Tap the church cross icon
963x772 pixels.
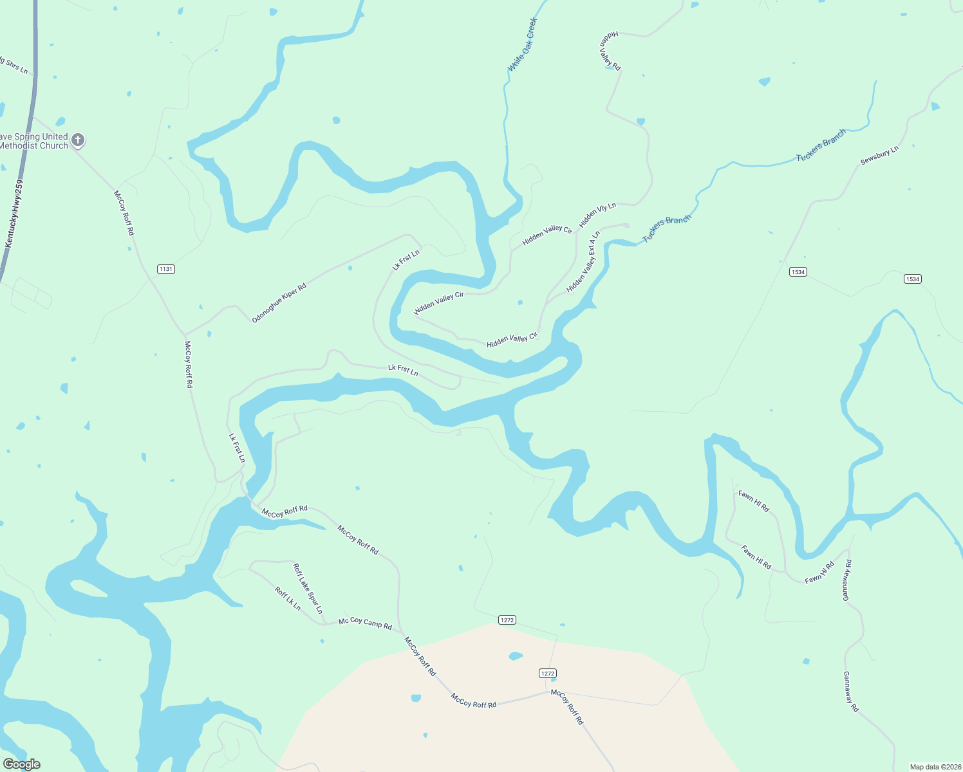pos(77,140)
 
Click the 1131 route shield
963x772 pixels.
pos(166,268)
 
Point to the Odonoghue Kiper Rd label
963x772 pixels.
pos(279,302)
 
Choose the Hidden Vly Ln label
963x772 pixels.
pos(597,215)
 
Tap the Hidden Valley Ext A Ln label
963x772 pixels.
pos(583,262)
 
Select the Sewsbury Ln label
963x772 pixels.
pos(879,156)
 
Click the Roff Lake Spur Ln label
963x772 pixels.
pos(308,588)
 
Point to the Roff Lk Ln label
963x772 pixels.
pos(288,598)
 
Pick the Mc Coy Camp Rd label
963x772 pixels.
pos(365,623)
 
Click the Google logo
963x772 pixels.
pos(21,764)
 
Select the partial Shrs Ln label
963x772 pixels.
pos(14,65)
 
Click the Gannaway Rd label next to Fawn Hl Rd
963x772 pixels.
pos(847,580)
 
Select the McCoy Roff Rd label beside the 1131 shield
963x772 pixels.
pos(124,212)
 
